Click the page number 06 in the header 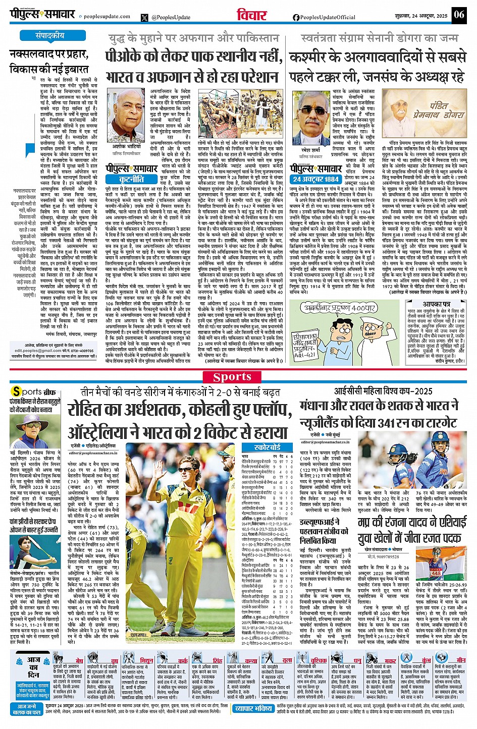pyautogui.click(x=458, y=14)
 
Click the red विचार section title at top pyautogui.click(x=252, y=15)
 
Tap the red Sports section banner pyautogui.click(x=232, y=377)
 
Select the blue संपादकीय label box pyautogui.click(x=50, y=36)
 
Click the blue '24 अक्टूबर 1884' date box pyautogui.click(x=316, y=179)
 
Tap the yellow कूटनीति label pyautogui.click(x=131, y=179)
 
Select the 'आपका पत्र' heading pyautogui.click(x=436, y=305)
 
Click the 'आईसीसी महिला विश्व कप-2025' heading pyautogui.click(x=383, y=391)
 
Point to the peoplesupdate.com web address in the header pyautogui.click(x=107, y=17)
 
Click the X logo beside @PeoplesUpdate pyautogui.click(x=145, y=17)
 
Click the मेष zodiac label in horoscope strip pyautogui.click(x=79, y=660)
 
